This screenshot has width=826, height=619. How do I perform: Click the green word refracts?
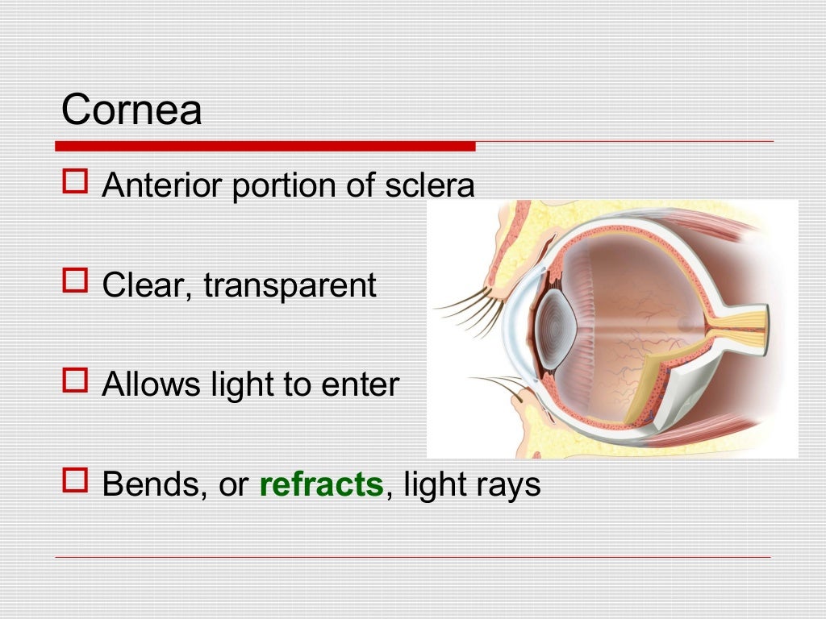click(321, 484)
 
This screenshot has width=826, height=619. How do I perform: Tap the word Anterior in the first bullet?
click(163, 185)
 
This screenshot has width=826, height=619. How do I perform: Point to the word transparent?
click(290, 285)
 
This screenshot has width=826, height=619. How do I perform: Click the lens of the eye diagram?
click(556, 328)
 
